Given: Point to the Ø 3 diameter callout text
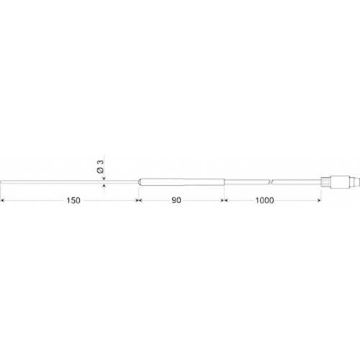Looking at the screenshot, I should tap(102, 166).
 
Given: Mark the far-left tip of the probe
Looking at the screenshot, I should tap(1, 180).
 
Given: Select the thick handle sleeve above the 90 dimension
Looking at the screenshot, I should tap(180, 181).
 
